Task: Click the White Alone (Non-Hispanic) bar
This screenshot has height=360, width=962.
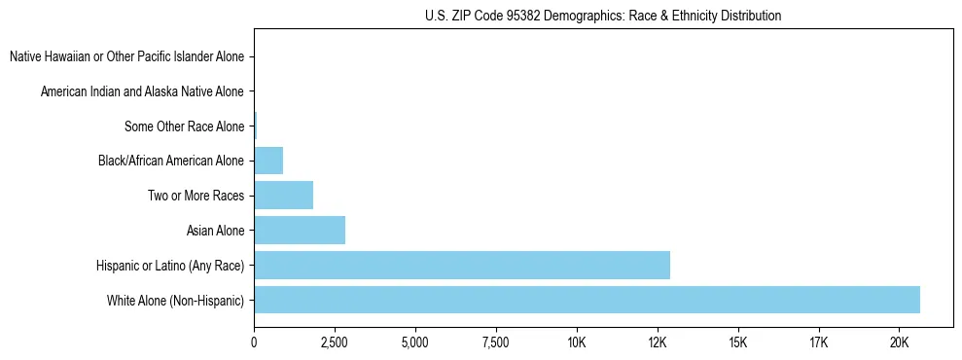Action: pos(587,300)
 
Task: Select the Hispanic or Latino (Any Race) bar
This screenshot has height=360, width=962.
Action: pos(462,265)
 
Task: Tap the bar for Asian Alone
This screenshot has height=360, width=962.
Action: pos(300,231)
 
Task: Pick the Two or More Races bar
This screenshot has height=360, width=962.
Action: pos(283,196)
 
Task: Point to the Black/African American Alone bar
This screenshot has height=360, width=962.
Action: pos(268,161)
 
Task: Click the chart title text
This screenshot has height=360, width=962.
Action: pos(603,16)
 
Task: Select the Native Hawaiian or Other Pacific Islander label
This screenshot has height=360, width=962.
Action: pos(126,57)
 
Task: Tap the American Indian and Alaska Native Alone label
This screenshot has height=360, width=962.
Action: pos(142,91)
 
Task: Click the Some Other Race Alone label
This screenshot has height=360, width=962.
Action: pos(184,126)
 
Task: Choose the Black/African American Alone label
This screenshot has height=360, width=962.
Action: pos(171,161)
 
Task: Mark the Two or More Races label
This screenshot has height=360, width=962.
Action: pos(196,196)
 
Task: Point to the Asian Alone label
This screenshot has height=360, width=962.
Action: pos(215,231)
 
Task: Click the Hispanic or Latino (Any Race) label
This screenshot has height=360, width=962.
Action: pos(170,266)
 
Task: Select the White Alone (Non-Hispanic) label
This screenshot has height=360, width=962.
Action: pos(176,300)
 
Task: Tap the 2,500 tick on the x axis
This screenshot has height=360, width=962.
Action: pos(335,342)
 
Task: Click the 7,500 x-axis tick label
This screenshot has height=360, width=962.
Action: pos(495,342)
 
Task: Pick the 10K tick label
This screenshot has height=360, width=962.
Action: pos(576,342)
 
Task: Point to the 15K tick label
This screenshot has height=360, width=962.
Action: pos(737,342)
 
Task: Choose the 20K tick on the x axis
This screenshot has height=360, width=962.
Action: pos(899,342)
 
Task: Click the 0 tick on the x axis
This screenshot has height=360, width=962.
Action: pos(254,342)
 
